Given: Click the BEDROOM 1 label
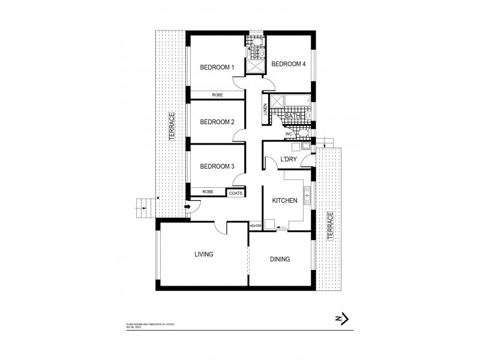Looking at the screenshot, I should click(x=217, y=68).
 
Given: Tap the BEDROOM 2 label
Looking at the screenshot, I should click(x=217, y=122).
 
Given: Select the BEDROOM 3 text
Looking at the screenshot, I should click(x=217, y=166).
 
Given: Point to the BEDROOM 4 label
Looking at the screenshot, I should click(x=289, y=64).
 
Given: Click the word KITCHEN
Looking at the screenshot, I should click(x=285, y=200).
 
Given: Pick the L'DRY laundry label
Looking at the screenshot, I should click(x=289, y=160).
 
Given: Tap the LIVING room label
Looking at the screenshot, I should click(x=203, y=254).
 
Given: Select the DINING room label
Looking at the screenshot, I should click(x=280, y=259).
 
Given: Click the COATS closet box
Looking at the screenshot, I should click(x=235, y=192).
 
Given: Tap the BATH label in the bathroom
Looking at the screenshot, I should click(x=292, y=116).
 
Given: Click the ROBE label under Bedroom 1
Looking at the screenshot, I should click(x=217, y=95).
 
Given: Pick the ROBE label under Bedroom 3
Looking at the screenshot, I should click(x=208, y=191).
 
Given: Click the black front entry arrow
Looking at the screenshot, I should click(x=187, y=207).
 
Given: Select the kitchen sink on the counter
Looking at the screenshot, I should click(x=308, y=193).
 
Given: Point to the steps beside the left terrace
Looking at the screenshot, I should click(x=144, y=208).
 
